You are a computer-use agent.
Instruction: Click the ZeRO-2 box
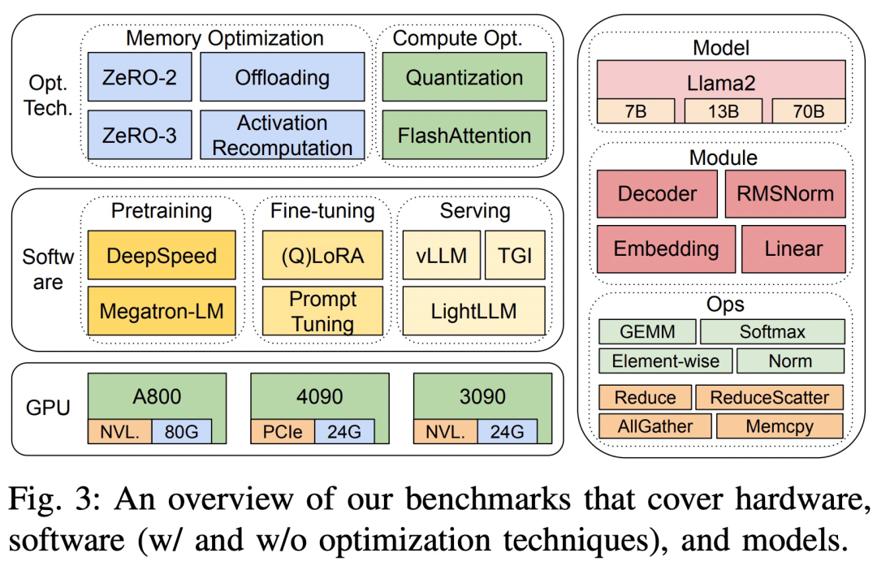(140, 78)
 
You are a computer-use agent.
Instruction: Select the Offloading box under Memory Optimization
(282, 78)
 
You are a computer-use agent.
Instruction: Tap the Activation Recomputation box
(282, 136)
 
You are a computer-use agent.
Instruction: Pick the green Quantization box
(464, 78)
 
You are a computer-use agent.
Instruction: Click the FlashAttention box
(464, 136)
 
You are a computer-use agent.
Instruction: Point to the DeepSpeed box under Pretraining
(161, 256)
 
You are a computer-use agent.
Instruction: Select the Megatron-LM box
(161, 310)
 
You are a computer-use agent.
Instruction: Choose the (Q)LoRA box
(322, 256)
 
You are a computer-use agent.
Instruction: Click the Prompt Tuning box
(322, 310)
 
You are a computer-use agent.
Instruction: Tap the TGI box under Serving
(516, 256)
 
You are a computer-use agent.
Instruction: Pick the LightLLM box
(474, 310)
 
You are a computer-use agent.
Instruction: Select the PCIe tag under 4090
(283, 431)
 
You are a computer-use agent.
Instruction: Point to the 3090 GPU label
(482, 397)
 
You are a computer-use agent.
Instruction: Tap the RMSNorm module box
(784, 193)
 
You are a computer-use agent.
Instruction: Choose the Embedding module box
(666, 248)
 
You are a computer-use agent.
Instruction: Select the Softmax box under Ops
(771, 331)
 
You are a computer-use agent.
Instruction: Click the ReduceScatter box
(769, 397)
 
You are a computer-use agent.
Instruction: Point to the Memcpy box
(779, 426)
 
